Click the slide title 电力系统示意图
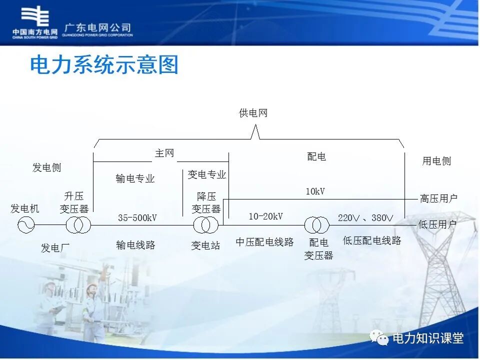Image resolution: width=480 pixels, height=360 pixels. (104, 65)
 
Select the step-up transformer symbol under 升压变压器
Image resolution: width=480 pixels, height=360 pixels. (78, 225)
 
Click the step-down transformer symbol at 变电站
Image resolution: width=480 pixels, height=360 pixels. (205, 225)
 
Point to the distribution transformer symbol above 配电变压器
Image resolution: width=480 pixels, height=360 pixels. (317, 225)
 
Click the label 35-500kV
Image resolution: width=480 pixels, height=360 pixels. (137, 217)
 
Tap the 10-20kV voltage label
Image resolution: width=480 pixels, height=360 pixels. (265, 216)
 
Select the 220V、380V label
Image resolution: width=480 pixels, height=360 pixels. (365, 217)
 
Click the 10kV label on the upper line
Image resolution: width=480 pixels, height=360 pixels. (315, 191)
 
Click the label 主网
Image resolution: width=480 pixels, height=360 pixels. (164, 153)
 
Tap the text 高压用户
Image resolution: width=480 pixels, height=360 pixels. (438, 198)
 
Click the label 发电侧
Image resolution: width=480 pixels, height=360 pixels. (46, 167)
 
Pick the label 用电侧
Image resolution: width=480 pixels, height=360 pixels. (436, 161)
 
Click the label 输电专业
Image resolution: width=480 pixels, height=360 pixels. (135, 178)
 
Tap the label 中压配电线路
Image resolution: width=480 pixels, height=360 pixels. (264, 242)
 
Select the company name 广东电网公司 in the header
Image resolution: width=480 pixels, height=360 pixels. (98, 27)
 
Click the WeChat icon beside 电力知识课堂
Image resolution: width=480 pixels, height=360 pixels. (379, 338)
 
